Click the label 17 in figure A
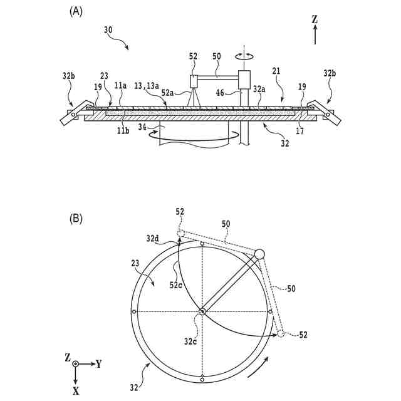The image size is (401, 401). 299,132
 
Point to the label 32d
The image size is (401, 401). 152,238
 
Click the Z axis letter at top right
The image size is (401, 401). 315,19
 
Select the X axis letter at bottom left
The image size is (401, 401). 75,390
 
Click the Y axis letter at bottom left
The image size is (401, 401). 99,363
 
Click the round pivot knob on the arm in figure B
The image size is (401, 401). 259,253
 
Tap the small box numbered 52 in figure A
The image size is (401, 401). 194,81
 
